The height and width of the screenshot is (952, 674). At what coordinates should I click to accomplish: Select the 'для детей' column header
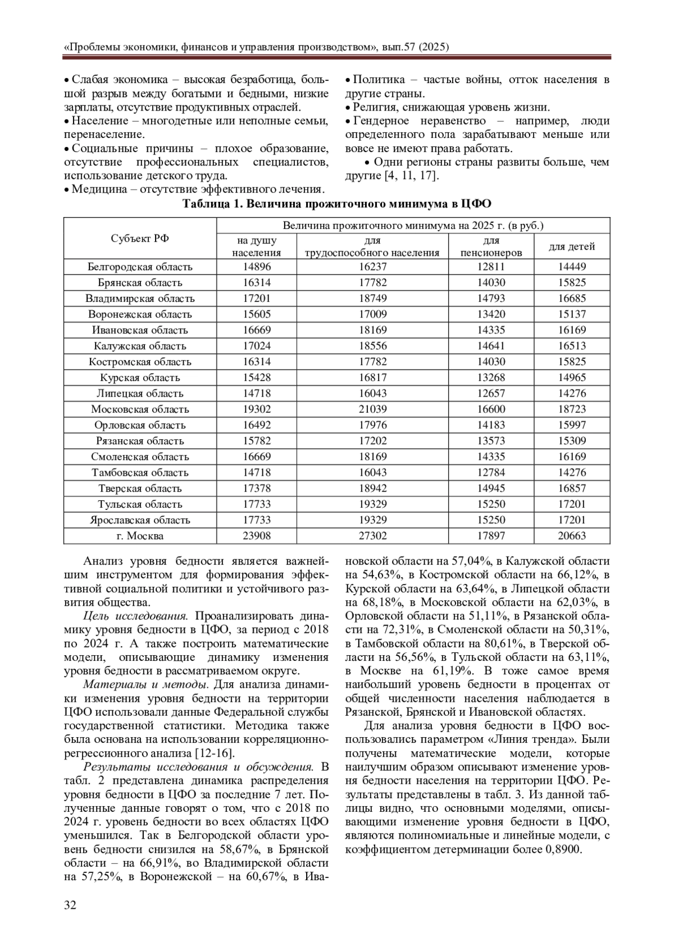coord(572,247)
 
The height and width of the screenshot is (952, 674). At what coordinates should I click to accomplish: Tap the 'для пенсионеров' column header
coord(491,247)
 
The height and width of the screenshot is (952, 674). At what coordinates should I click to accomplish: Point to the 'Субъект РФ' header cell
coord(140,238)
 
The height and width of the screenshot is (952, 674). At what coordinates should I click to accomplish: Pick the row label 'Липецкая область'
coord(140,393)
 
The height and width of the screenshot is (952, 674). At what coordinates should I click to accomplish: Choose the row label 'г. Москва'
coord(140,536)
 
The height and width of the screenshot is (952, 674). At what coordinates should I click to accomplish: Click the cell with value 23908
coord(257,536)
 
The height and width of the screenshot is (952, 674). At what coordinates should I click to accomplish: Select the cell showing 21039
coord(372,409)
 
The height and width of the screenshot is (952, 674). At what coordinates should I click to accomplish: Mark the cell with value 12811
coord(491,267)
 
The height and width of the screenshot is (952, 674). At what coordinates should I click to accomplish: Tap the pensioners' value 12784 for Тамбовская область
coord(491,472)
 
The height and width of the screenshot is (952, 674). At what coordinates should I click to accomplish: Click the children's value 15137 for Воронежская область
coord(572,314)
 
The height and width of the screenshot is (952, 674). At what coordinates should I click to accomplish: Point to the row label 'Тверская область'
coord(140,488)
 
